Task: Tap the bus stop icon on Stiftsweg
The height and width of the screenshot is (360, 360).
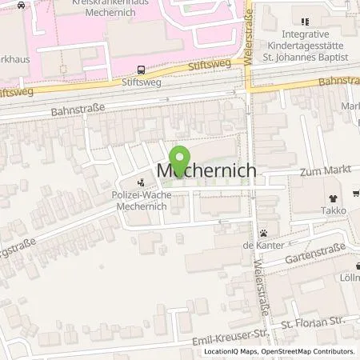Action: coord(142,69)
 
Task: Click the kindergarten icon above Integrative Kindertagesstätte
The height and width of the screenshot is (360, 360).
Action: coord(304,22)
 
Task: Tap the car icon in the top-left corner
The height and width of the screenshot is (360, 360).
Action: coord(6,5)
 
